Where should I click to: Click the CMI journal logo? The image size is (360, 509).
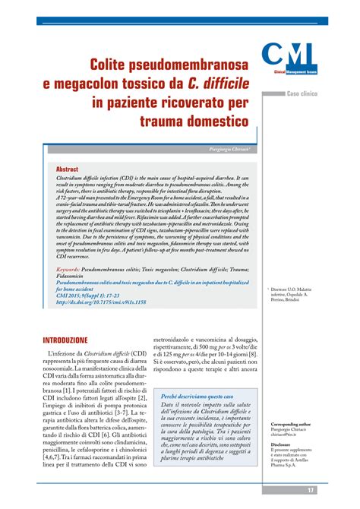[290, 59]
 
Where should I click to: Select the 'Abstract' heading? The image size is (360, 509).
[67, 169]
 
